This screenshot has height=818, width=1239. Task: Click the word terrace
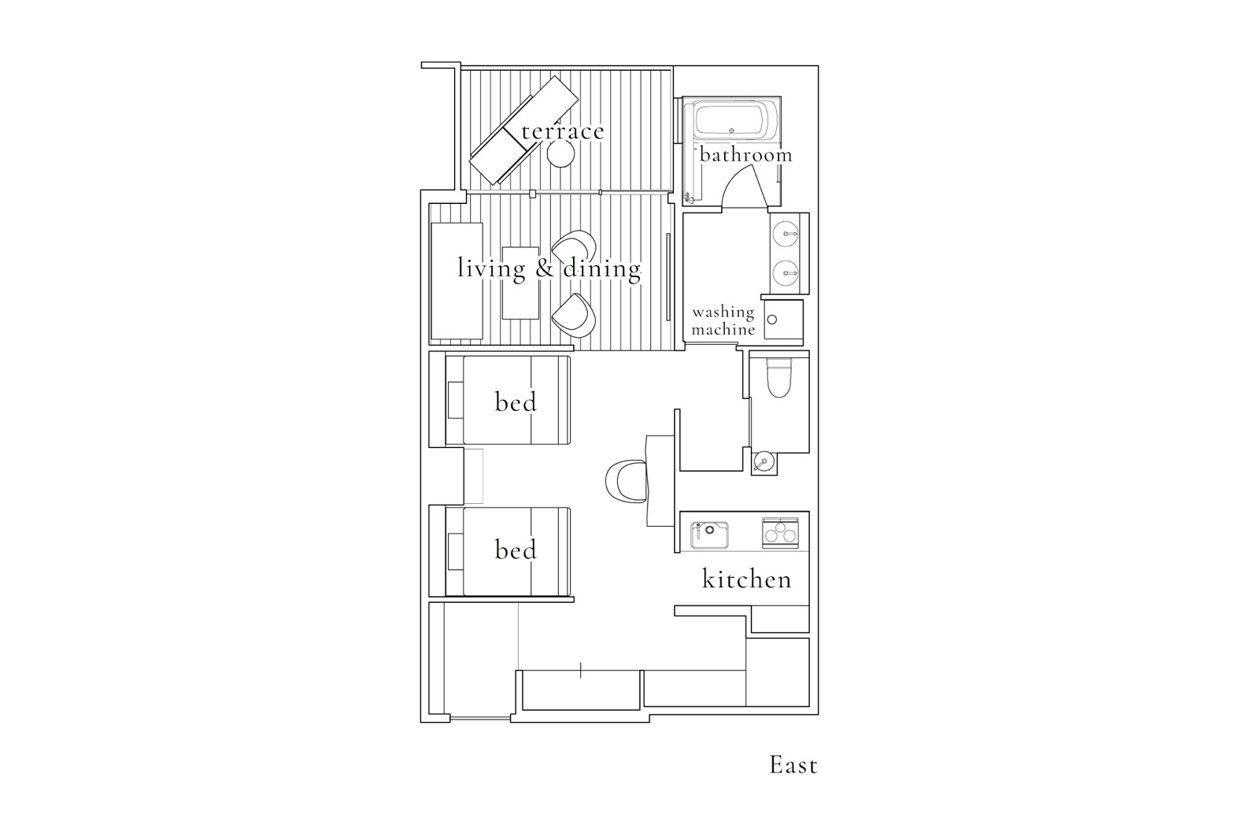pyautogui.click(x=563, y=131)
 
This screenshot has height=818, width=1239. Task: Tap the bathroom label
pyautogui.click(x=745, y=154)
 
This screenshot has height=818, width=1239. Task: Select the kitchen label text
pyautogui.click(x=747, y=579)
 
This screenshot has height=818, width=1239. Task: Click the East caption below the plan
pyautogui.click(x=793, y=765)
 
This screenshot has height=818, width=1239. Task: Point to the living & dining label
pyautogui.click(x=549, y=268)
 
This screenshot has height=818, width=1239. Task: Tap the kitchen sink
pyautogui.click(x=709, y=535)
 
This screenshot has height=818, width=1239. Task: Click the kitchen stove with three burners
pyautogui.click(x=780, y=533)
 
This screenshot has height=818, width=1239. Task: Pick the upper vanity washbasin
pyautogui.click(x=786, y=234)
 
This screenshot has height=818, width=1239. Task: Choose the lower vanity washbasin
pyautogui.click(x=786, y=272)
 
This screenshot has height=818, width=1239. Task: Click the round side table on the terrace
pyautogui.click(x=561, y=154)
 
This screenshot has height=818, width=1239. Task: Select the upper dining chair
pyautogui.click(x=575, y=247)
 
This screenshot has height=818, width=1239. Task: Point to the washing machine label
pyautogui.click(x=723, y=320)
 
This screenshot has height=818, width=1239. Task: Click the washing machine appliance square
pyautogui.click(x=783, y=320)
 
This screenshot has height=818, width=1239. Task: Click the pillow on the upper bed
pyautogui.click(x=455, y=400)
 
